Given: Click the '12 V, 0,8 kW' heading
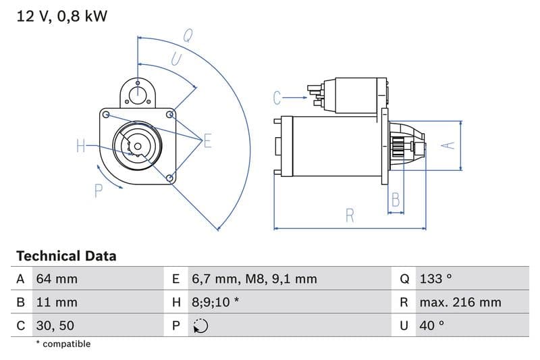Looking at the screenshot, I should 61,17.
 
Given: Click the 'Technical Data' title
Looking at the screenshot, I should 66,256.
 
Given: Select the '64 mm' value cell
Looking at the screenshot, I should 56,279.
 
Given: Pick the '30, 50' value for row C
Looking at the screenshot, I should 55,326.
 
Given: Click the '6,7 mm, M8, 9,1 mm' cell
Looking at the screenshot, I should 254,279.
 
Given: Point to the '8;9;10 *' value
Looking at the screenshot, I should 215,302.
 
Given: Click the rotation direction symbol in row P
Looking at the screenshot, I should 200,326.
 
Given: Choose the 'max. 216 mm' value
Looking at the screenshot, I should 460,302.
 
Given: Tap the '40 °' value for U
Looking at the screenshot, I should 431,326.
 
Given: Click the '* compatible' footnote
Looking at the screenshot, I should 63,344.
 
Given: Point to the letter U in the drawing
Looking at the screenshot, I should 175,59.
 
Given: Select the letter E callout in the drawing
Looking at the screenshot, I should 207,141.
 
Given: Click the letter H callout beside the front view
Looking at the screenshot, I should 81,145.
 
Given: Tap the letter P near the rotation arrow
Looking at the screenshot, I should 99,190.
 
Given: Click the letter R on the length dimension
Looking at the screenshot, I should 350,215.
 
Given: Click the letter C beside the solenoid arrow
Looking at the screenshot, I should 277,98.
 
